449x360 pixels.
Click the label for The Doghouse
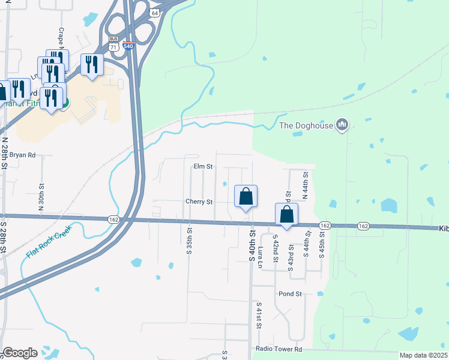coord(306,125)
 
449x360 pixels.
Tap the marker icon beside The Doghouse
coord(343,125)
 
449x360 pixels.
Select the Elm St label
coord(203,166)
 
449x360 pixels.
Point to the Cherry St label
coord(199,202)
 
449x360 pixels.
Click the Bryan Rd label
coord(23,155)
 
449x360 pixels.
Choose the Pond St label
coord(289,294)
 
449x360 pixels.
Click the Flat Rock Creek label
coord(49,241)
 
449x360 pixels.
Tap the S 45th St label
coord(322,247)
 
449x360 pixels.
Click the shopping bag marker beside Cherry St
coord(246,196)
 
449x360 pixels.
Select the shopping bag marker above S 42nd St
coord(287,214)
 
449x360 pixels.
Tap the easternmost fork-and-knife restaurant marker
coord(92,64)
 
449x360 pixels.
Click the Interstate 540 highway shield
coord(128,45)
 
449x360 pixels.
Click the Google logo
coord(20,353)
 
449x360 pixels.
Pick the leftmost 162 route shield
coord(114,220)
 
